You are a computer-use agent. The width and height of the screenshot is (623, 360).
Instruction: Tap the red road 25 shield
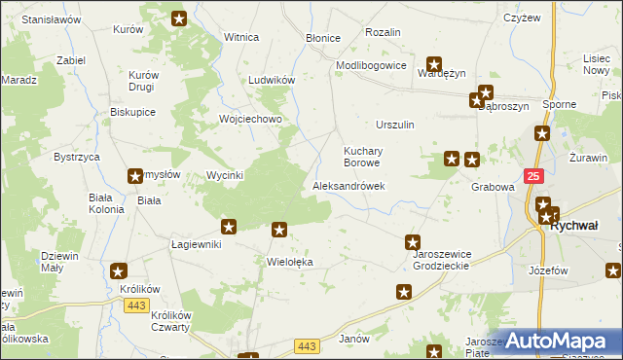pyautogui.click(x=533, y=176)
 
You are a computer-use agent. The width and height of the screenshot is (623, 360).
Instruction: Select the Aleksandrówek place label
pyautogui.click(x=348, y=186)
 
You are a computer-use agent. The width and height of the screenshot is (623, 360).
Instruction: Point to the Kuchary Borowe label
pyautogui.click(x=366, y=157)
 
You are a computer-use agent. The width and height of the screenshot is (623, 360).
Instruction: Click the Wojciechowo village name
pyautogui.click(x=250, y=120)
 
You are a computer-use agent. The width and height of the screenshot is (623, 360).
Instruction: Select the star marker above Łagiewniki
pyautogui.click(x=229, y=228)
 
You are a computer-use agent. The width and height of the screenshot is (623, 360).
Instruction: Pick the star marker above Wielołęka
pyautogui.click(x=279, y=231)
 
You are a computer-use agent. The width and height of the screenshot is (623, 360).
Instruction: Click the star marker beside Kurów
pyautogui.click(x=179, y=18)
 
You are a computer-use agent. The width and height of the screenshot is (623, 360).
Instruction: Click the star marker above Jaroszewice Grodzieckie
pyautogui.click(x=413, y=242)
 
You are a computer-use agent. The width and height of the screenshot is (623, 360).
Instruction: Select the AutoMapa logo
pyautogui.click(x=559, y=340)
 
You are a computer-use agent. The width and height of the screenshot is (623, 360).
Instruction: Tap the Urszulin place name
pyautogui.click(x=395, y=126)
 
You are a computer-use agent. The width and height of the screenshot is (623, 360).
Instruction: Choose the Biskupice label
pyautogui.click(x=133, y=112)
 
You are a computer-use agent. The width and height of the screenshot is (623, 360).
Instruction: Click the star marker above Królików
pyautogui.click(x=119, y=272)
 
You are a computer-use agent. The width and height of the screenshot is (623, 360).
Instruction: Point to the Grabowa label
pyautogui.click(x=492, y=187)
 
